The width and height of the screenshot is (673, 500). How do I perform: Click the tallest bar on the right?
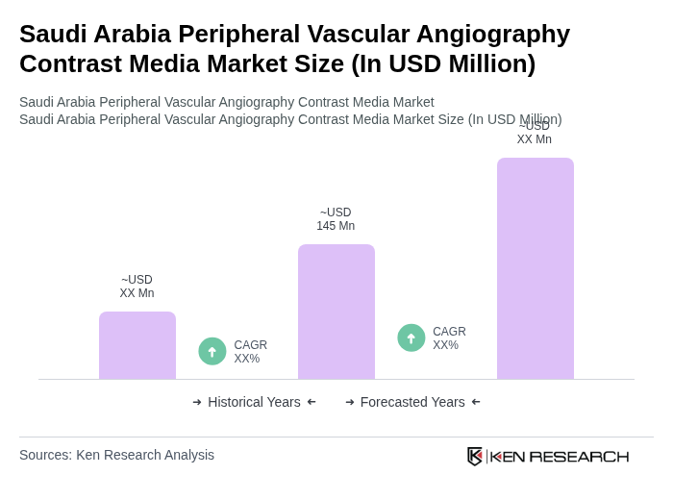click(535, 268)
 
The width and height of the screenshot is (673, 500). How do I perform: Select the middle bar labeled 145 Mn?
click(336, 312)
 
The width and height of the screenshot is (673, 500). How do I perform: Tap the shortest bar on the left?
click(137, 345)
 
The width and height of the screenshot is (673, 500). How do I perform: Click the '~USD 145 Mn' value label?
click(336, 219)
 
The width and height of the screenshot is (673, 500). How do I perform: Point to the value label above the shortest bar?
click(137, 287)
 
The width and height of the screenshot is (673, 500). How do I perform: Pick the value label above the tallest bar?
click(535, 133)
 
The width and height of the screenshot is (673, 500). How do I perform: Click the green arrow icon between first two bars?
click(212, 351)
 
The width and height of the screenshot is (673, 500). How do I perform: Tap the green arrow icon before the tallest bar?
click(411, 337)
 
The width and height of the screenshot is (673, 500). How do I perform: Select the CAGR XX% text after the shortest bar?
click(250, 352)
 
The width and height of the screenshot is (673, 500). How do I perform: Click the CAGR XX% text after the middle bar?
click(449, 338)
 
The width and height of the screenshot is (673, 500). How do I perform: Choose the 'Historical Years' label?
click(254, 402)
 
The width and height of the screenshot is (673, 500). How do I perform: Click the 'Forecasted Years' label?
click(412, 402)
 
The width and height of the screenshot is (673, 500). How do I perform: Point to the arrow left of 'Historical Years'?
click(197, 402)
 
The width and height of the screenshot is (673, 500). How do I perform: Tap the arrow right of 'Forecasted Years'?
click(476, 402)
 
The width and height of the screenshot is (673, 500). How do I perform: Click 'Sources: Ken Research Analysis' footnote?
click(116, 455)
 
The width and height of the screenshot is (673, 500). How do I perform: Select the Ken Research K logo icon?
click(475, 456)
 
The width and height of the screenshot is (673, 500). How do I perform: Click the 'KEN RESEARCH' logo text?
click(560, 456)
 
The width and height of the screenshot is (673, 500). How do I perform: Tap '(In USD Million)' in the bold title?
click(443, 63)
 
